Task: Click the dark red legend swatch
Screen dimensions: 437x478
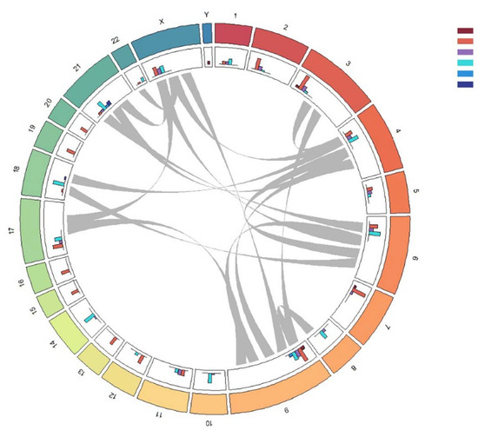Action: click(464, 31)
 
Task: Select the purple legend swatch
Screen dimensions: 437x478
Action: click(464, 52)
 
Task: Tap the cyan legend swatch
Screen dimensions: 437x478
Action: click(464, 63)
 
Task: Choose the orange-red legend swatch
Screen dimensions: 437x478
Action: click(464, 42)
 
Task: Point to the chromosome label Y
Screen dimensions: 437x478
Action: click(206, 14)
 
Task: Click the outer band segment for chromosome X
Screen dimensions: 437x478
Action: click(166, 36)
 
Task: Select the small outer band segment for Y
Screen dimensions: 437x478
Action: click(206, 32)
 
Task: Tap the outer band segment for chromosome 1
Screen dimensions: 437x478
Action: click(231, 33)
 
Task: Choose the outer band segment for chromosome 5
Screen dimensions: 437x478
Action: click(398, 193)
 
